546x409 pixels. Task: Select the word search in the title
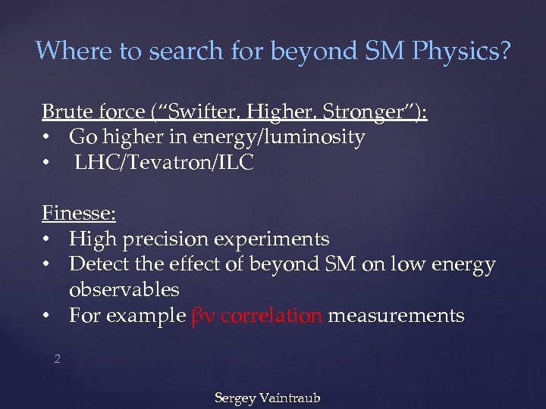tap(176, 51)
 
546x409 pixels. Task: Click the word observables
tap(124, 290)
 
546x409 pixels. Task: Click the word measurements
tap(397, 315)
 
